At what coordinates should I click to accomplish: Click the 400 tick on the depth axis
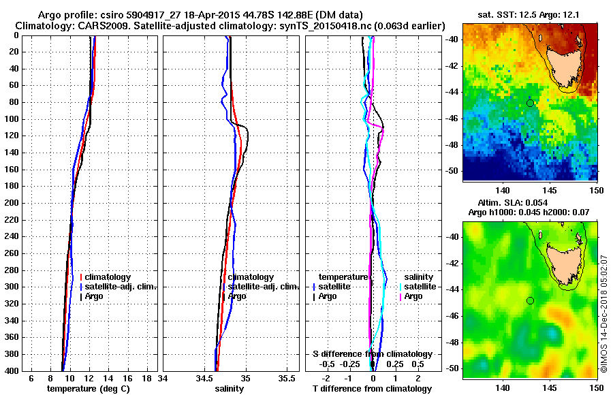tap(14, 370)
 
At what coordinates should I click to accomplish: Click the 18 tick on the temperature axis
tap(146, 378)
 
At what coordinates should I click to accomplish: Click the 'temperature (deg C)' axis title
tap(88, 388)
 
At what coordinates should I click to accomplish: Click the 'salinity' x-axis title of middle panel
tap(230, 388)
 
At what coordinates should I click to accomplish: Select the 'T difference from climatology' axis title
tap(371, 388)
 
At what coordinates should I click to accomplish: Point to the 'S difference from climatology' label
tap(373, 354)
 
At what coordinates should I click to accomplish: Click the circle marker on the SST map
tap(530, 103)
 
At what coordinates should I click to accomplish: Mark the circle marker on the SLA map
tap(530, 300)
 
